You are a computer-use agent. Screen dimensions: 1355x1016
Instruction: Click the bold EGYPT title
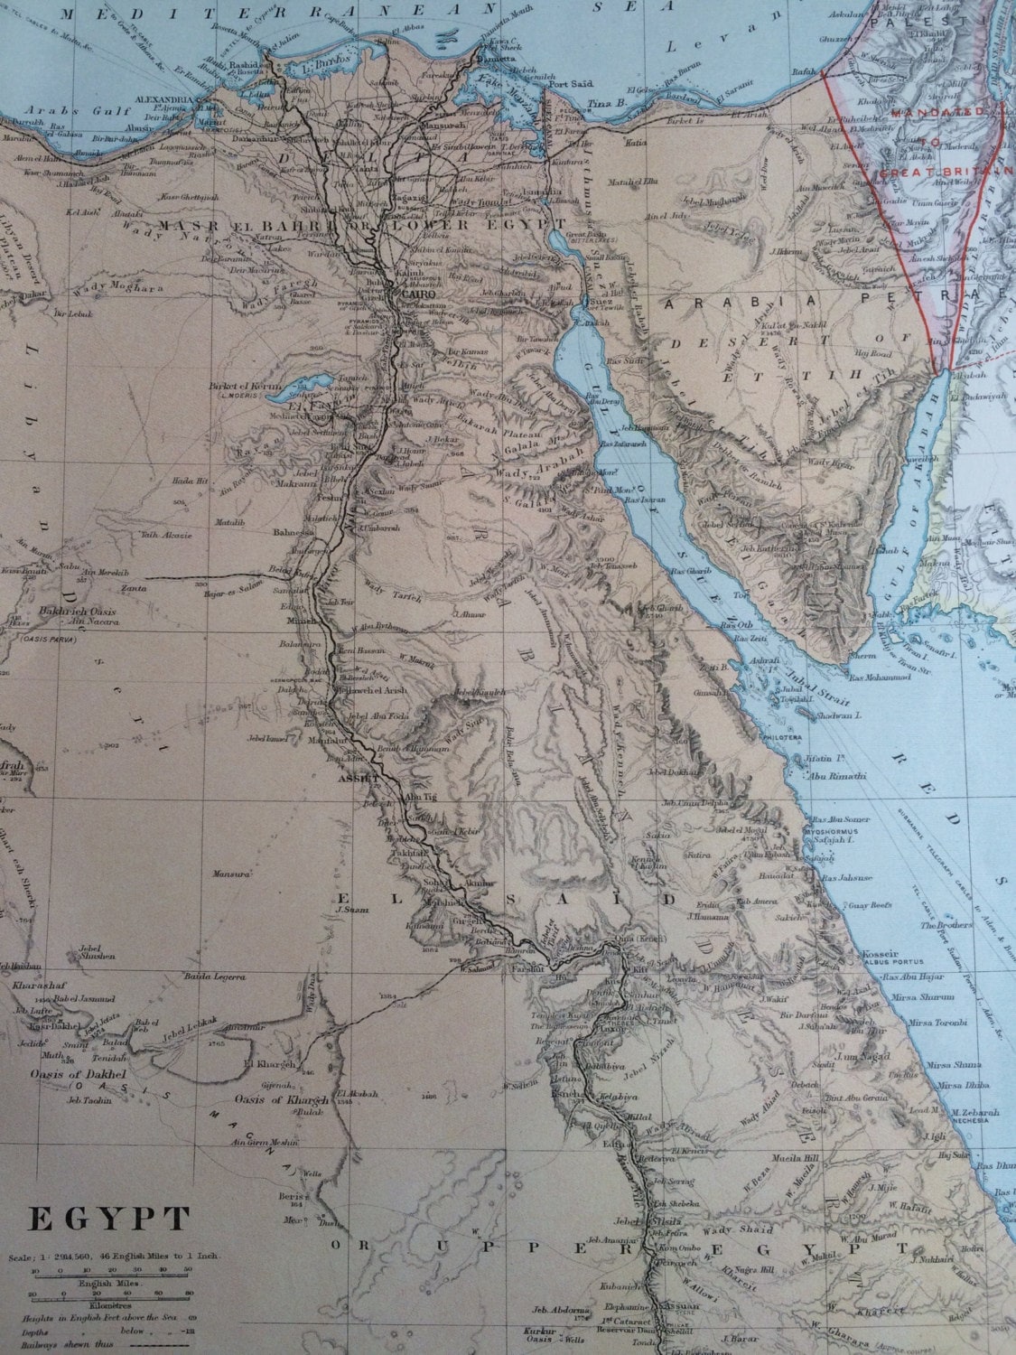(x=109, y=1219)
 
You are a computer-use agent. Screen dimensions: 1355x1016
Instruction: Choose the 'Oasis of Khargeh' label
(x=275, y=1098)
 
